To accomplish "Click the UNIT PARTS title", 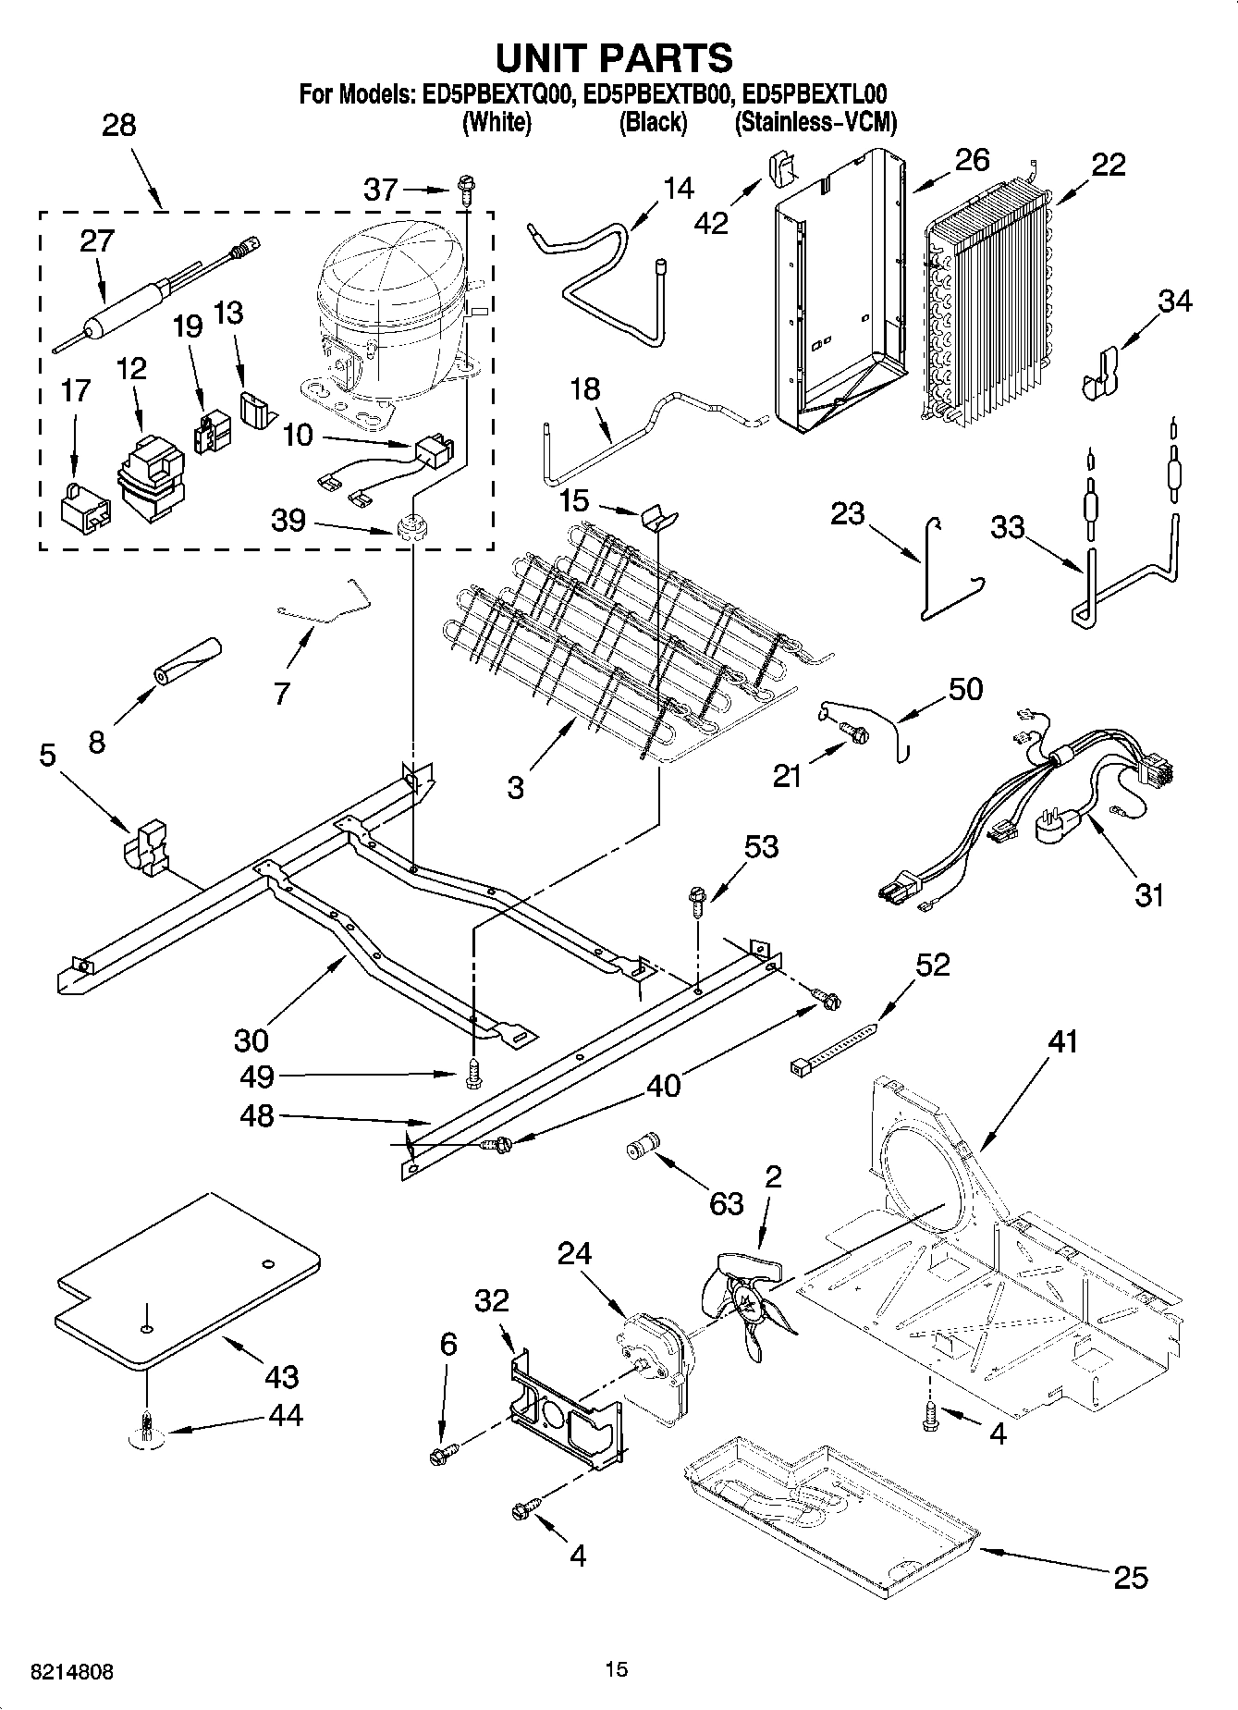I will tap(615, 57).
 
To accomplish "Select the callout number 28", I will tap(118, 125).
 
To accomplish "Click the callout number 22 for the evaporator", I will tap(1108, 165).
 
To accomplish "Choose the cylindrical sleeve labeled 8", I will tap(189, 660).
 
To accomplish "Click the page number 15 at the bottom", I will tap(616, 1669).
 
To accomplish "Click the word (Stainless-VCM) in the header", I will tap(815, 122).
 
